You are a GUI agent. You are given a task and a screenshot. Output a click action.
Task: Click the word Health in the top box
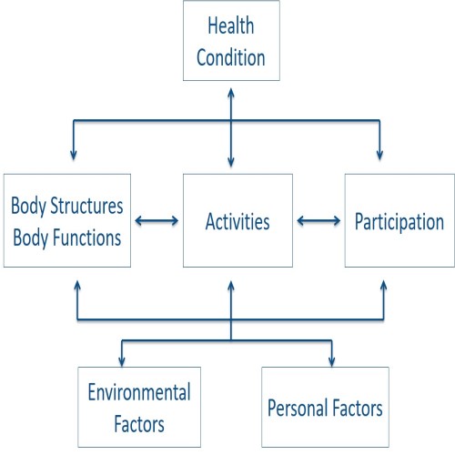coord(231,25)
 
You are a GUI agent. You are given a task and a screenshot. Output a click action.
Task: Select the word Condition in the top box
coord(231,57)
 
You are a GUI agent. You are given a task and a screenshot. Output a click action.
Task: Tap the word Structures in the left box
coord(86,206)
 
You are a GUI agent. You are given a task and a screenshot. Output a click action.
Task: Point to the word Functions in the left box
coord(86,238)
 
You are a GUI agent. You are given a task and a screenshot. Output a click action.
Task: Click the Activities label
coord(238,221)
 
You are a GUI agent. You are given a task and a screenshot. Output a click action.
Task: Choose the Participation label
coord(399,222)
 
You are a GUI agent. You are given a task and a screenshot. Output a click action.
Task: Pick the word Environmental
coord(139,392)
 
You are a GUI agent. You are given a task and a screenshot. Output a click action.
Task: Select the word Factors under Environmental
coord(139,424)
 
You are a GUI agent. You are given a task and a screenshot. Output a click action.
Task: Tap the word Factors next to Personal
coord(357,408)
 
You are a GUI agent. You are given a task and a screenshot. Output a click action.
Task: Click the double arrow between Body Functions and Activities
coord(157,220)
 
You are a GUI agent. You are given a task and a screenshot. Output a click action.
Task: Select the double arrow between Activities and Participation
coord(318,220)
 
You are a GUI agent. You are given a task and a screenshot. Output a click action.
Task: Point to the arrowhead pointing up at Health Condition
coord(231,93)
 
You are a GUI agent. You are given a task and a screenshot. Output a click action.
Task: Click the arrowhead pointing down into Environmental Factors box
coord(122,361)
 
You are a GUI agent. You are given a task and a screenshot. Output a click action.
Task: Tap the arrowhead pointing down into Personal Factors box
coord(332,361)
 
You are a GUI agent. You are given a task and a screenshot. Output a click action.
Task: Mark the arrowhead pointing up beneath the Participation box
coord(384,286)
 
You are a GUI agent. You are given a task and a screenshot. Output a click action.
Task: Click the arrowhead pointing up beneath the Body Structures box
coord(77,286)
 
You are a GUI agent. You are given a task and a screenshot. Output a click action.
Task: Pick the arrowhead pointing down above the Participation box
coord(379,155)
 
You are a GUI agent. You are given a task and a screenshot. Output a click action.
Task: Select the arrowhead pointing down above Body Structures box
coord(74,155)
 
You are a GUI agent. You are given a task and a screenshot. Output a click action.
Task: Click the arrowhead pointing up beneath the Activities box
coord(231,287)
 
